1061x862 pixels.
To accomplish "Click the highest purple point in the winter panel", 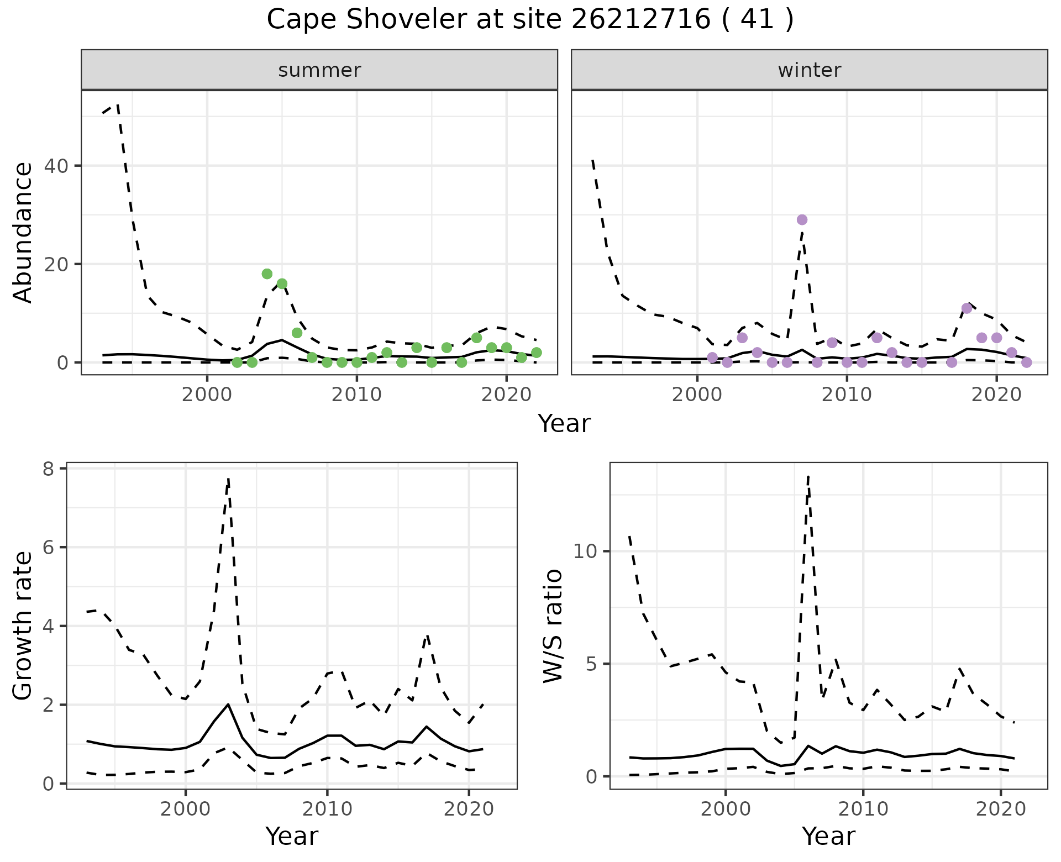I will pos(802,220).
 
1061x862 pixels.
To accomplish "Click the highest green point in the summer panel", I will pos(267,274).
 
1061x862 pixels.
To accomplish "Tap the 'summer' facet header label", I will pos(319,70).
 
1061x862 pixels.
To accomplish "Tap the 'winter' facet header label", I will pos(809,70).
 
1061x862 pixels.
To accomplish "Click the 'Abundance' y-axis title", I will pos(23,233).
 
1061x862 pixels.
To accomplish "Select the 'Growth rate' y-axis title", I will pos(23,626).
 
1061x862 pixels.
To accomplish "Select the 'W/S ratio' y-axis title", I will pos(553,626).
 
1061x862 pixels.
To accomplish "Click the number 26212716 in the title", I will pos(640,20).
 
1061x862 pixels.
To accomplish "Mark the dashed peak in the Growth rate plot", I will pos(228,479).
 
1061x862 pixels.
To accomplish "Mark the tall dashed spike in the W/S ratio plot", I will pos(808,476).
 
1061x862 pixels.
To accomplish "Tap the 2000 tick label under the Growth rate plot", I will pos(186,810).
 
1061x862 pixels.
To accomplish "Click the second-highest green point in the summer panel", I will pos(282,284).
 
